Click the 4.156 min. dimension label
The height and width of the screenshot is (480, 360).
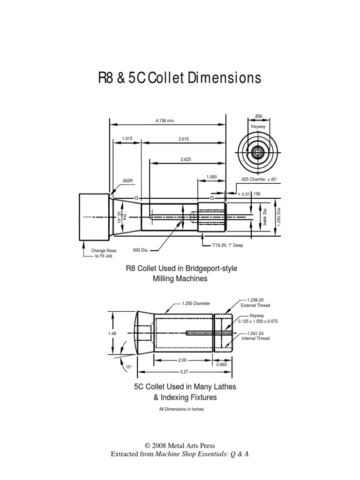tap(165, 120)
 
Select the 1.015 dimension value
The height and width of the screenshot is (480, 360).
tap(127, 138)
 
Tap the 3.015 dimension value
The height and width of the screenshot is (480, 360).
tap(184, 138)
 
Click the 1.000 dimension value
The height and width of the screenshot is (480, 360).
tap(212, 177)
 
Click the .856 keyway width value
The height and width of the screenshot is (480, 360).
tap(258, 116)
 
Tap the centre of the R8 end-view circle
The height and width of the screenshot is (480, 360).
tap(258, 152)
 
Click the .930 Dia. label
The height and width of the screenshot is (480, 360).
tap(140, 250)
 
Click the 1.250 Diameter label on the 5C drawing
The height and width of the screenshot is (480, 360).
tap(196, 303)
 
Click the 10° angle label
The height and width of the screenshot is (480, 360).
tap(129, 367)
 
